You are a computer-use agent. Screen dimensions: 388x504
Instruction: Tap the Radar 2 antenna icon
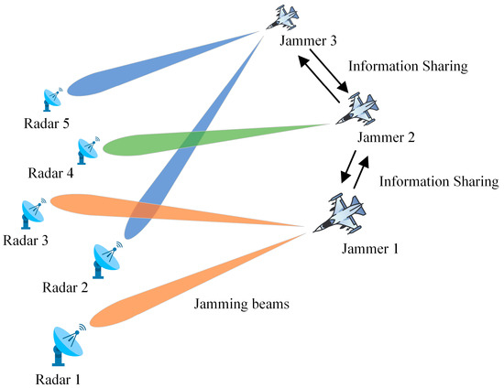(105, 261)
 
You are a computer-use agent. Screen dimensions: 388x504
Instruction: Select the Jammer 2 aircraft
(355, 109)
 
